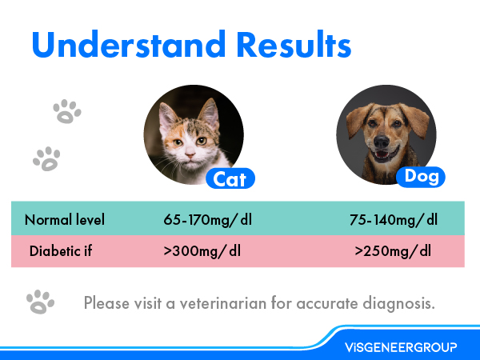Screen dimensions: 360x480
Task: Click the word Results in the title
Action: tap(284, 46)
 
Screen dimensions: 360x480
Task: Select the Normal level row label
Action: tap(65, 220)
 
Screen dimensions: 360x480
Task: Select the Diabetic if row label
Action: tap(61, 250)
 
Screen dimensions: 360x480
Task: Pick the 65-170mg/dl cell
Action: tap(202, 220)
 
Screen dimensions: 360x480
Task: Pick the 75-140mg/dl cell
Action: tap(394, 220)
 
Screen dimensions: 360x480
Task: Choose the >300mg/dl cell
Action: tap(202, 250)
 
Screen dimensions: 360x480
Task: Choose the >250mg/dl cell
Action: tap(393, 250)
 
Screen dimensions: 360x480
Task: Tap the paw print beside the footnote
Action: tap(40, 302)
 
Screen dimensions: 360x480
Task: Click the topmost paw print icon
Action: tap(66, 111)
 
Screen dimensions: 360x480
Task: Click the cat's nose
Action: tap(184, 154)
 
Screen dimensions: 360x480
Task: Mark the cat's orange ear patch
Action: tap(167, 113)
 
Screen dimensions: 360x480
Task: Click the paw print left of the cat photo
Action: tap(46, 158)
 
